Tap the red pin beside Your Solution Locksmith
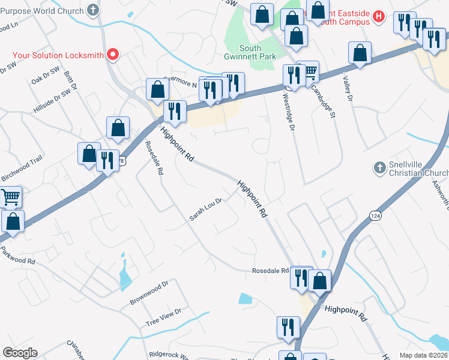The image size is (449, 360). (112, 55)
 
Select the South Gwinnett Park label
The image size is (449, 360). (258, 52)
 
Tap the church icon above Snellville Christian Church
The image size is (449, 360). (378, 168)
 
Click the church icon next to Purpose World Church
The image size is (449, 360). (92, 10)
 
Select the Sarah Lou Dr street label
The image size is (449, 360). (206, 209)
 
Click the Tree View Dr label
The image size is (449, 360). (163, 317)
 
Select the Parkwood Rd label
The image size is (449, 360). (18, 256)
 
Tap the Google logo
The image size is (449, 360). (19, 353)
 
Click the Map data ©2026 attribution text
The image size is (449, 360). (423, 355)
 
